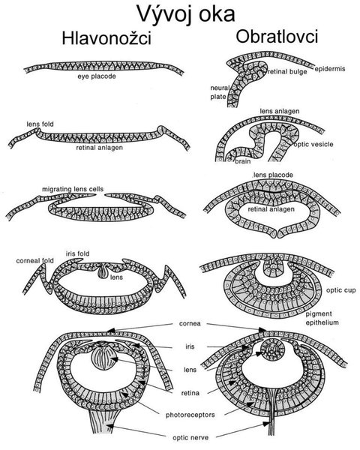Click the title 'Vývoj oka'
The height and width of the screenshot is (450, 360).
(186, 14)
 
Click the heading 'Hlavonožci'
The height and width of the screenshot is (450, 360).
(106, 38)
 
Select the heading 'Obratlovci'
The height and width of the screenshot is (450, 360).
(277, 37)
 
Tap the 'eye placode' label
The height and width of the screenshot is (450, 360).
(97, 76)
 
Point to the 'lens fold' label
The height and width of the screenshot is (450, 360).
(40, 124)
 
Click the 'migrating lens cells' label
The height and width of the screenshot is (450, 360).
(73, 190)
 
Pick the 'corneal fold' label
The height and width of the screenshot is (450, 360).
(34, 261)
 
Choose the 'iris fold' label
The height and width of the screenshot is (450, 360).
(77, 253)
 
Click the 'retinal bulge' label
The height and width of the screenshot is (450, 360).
(287, 72)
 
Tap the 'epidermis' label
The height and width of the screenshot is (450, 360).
(330, 69)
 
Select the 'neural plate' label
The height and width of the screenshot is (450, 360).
(220, 92)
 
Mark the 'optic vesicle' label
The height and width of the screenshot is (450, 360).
(313, 144)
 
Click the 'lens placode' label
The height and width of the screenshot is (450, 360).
(273, 175)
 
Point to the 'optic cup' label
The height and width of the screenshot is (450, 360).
(340, 290)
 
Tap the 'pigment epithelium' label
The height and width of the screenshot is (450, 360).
(322, 318)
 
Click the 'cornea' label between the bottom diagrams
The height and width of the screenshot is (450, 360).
(190, 324)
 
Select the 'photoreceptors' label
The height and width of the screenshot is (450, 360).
(190, 415)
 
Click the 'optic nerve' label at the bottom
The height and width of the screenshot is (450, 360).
(190, 438)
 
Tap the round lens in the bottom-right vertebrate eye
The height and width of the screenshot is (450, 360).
(272, 349)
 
